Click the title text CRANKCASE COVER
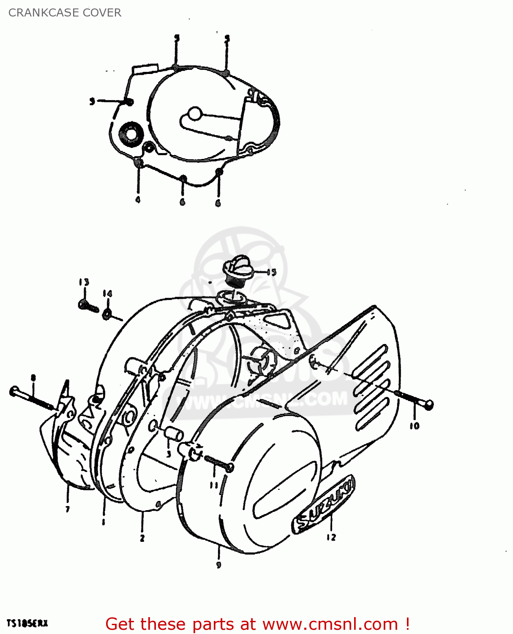[x=65, y=13]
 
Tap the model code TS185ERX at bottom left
[x=27, y=623]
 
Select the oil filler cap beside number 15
[x=238, y=269]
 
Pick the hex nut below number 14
[x=107, y=313]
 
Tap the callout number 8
[x=33, y=377]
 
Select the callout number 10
[x=414, y=426]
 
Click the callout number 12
[x=331, y=537]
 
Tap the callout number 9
[x=218, y=565]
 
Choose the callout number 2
[x=142, y=538]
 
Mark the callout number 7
[x=68, y=509]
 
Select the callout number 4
[x=138, y=199]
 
